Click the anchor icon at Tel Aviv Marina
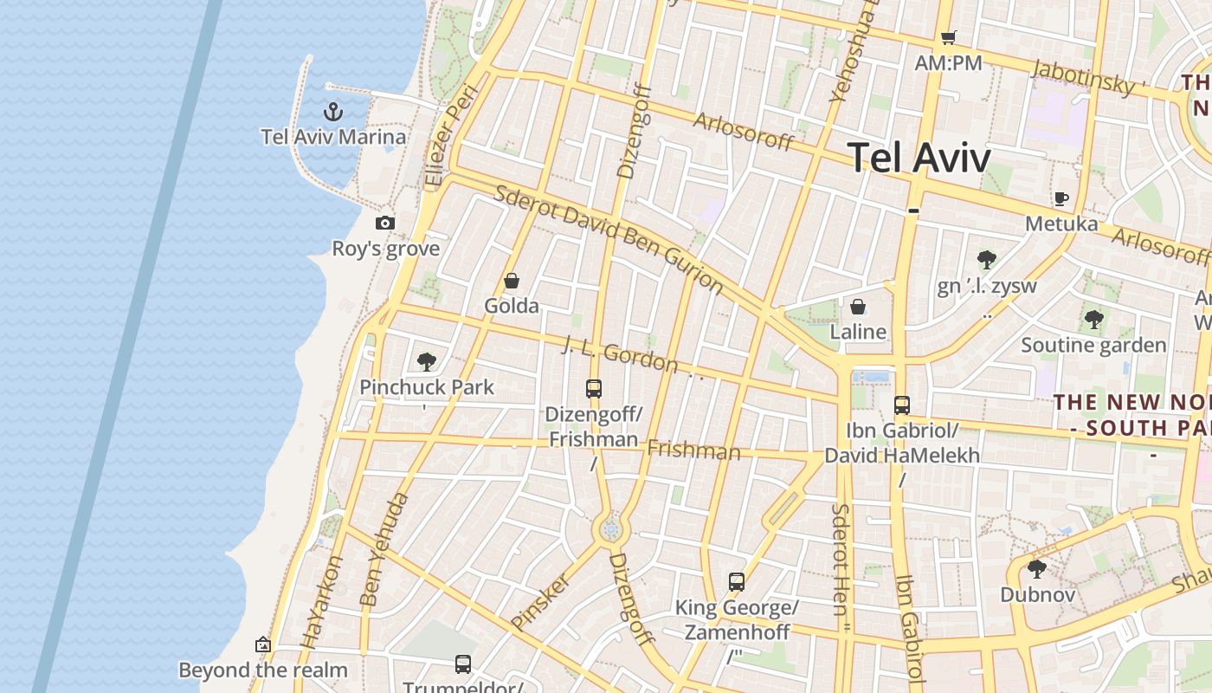[x=333, y=112]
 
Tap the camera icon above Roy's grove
[x=385, y=223]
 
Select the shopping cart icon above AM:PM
[x=949, y=37]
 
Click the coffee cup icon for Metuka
[x=1061, y=198]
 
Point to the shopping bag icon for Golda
[x=512, y=281]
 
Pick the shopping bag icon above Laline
[x=858, y=307]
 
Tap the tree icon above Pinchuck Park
[x=426, y=362]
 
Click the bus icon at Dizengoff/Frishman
[x=594, y=389]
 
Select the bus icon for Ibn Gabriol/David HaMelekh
[x=902, y=405]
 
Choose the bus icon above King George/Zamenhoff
[x=737, y=582]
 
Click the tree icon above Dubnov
[x=1037, y=570]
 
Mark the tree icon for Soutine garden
[x=1094, y=320]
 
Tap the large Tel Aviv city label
[x=919, y=159]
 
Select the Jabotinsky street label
[x=1083, y=76]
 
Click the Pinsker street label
[x=540, y=600]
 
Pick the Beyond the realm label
[x=263, y=670]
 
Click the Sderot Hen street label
[x=839, y=560]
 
